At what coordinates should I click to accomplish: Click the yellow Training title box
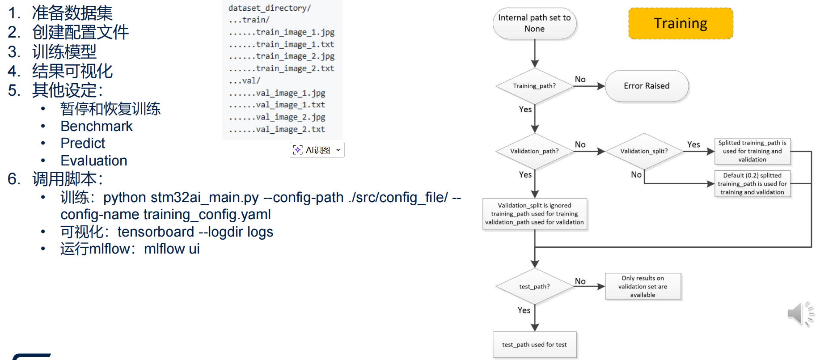[681, 23]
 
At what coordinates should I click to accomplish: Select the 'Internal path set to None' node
[534, 23]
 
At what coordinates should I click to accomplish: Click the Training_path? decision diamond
[534, 86]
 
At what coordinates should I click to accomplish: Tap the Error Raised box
[647, 86]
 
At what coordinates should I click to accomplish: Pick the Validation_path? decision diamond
[534, 151]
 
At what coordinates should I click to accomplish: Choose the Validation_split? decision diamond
[644, 151]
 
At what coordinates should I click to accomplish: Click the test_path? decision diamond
[534, 286]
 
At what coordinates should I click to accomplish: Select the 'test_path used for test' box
[534, 344]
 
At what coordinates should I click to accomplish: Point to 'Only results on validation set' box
[643, 286]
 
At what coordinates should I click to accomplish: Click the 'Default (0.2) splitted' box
[752, 184]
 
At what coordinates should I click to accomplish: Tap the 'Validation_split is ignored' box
[534, 214]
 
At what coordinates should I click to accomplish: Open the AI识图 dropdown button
[317, 150]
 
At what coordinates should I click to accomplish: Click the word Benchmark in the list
[97, 126]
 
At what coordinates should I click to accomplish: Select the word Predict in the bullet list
[83, 143]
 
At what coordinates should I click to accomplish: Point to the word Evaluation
[94, 161]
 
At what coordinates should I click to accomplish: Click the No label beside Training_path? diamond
[580, 79]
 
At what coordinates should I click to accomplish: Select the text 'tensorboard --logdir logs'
[195, 232]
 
